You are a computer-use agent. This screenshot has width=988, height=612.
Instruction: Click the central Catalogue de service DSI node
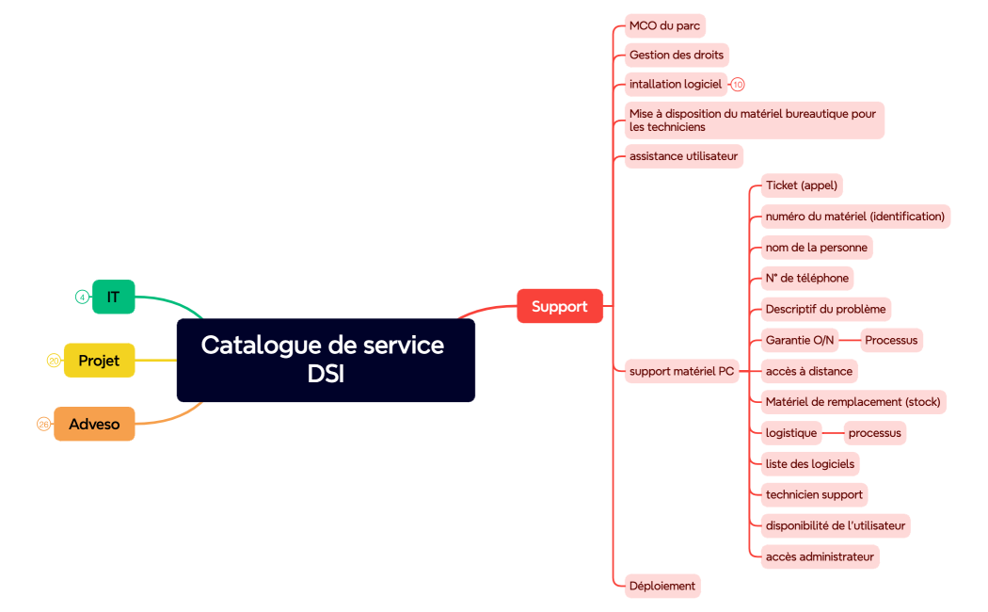(x=326, y=360)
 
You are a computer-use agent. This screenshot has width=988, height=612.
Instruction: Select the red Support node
(x=559, y=306)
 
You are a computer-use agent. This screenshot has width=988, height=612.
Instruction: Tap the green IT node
(x=113, y=297)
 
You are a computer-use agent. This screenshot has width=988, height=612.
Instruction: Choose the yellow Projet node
(x=99, y=361)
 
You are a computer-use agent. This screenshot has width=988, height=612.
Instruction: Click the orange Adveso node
(x=94, y=424)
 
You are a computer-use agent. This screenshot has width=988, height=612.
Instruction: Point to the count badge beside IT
(x=82, y=298)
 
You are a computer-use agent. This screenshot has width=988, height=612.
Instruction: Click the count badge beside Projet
(x=54, y=361)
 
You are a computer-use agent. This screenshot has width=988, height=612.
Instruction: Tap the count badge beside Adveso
(x=43, y=425)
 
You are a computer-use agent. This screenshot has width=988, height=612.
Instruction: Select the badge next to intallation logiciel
(x=738, y=85)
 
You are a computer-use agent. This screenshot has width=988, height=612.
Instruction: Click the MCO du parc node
(x=664, y=25)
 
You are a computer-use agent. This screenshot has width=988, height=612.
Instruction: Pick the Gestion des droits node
(x=676, y=55)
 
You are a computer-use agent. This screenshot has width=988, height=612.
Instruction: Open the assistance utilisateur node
(x=683, y=155)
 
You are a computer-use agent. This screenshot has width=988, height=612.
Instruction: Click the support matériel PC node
(x=681, y=371)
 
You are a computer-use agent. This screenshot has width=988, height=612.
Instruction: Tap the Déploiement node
(x=662, y=586)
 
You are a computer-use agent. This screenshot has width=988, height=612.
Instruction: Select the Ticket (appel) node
(x=801, y=185)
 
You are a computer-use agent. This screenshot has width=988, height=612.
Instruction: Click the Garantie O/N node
(x=799, y=340)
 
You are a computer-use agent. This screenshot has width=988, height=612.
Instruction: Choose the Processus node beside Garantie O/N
(x=891, y=340)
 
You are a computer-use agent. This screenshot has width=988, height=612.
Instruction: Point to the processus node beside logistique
(x=874, y=433)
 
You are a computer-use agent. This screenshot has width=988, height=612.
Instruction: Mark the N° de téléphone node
(x=806, y=278)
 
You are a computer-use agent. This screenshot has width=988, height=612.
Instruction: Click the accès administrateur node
(x=820, y=556)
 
